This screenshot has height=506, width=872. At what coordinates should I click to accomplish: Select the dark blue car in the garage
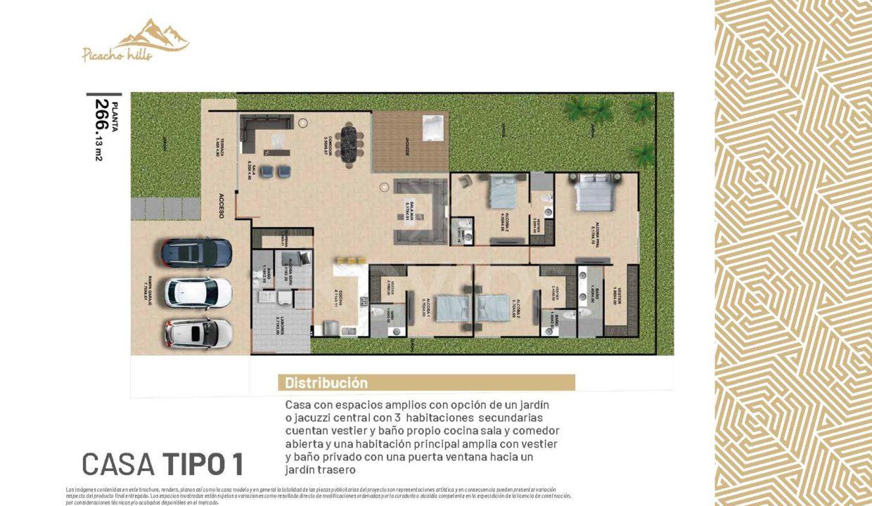tap(196, 252)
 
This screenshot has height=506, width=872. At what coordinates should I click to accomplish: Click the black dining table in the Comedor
tap(350, 143)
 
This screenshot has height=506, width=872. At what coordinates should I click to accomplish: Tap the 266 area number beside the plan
tap(103, 115)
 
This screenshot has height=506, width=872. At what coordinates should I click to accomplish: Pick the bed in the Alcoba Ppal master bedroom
tap(596, 193)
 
